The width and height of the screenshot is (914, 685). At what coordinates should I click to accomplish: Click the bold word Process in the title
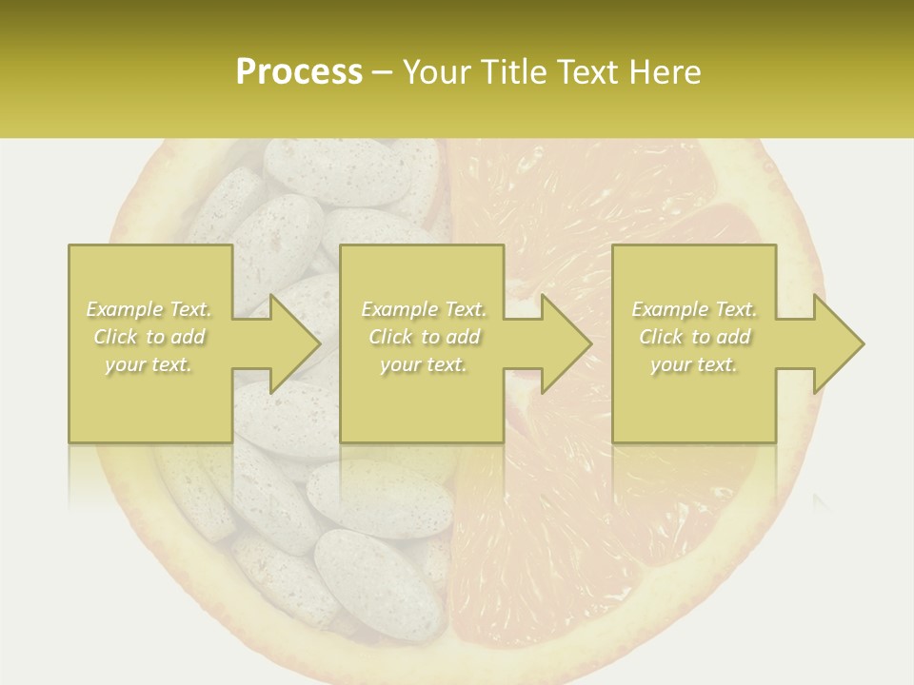[299, 72]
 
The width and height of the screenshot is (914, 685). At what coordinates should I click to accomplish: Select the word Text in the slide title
[586, 72]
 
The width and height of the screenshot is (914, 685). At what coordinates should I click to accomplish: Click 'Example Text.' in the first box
[149, 309]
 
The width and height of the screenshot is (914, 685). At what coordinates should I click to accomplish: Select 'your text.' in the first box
[149, 364]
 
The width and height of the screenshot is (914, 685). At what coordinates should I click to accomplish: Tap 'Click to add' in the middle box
[424, 337]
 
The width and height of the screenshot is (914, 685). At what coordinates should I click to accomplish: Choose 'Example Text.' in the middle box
[424, 309]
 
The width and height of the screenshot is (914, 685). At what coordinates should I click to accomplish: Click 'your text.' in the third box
[694, 364]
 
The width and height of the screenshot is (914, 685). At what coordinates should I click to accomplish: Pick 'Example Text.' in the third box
[694, 309]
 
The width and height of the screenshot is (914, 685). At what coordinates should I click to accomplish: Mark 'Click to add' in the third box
[694, 337]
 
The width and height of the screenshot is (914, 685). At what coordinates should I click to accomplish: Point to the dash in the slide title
[383, 73]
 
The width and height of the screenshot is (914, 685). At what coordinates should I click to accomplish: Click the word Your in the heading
[435, 72]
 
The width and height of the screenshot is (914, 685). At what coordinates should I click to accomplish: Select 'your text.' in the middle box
[424, 364]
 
